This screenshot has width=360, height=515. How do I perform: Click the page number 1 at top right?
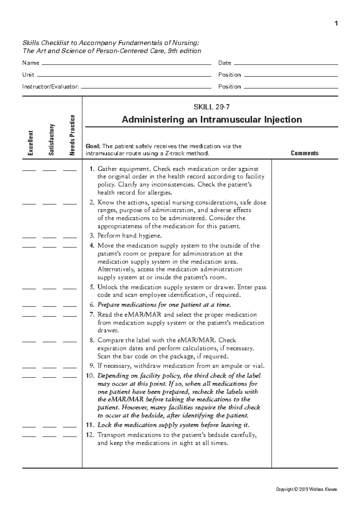[x=336, y=24]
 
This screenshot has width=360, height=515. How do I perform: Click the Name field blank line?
[x=126, y=64]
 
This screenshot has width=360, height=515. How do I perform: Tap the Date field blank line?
[x=285, y=64]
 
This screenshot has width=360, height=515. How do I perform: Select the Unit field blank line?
[x=123, y=76]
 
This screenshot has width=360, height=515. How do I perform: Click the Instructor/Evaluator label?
[x=51, y=87]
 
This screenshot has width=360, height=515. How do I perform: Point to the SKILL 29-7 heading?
[x=212, y=107]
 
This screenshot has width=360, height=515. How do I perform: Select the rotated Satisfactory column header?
[x=51, y=139]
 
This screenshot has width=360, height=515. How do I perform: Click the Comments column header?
[x=304, y=153]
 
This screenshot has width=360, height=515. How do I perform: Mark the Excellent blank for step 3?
[x=29, y=237]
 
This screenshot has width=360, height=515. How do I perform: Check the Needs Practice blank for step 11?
[x=70, y=427]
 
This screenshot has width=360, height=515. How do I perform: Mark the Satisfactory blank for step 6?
[x=49, y=306]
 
